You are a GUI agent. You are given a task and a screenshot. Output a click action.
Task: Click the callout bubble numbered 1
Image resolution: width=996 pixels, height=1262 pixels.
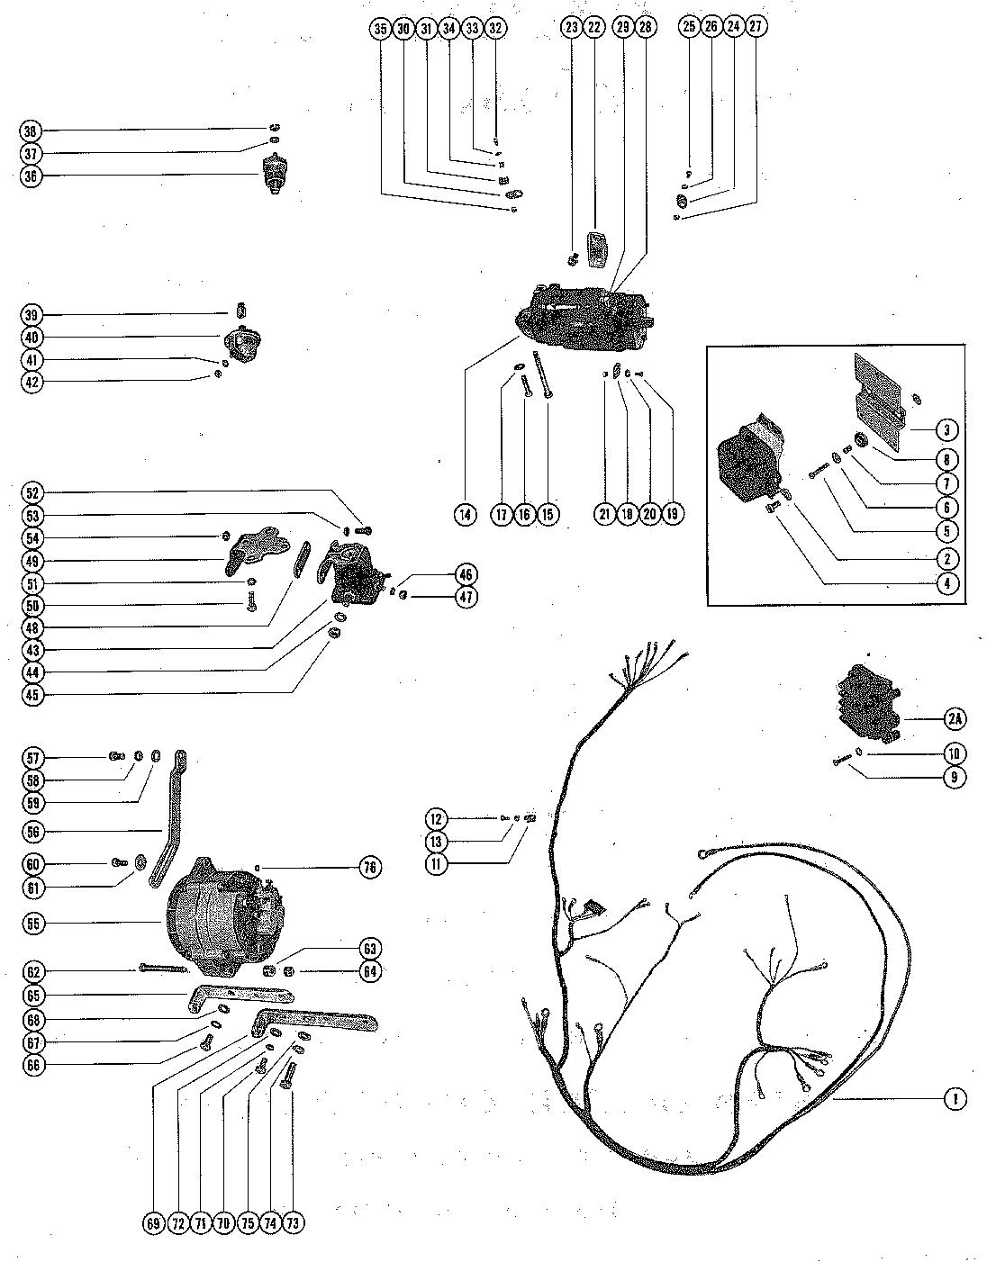click(954, 1098)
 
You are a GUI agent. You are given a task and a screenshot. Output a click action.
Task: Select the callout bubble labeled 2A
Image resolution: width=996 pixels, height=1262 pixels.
click(954, 718)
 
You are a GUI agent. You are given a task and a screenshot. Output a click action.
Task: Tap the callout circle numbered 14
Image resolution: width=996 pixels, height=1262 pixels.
click(465, 515)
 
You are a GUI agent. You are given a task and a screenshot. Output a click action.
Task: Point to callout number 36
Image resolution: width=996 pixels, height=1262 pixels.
click(31, 176)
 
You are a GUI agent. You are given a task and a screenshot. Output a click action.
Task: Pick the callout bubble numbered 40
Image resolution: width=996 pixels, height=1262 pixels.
click(31, 338)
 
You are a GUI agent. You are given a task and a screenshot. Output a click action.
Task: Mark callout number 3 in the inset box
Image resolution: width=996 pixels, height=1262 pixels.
click(946, 429)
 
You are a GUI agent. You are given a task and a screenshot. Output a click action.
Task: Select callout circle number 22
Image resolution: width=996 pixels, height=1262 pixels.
click(593, 28)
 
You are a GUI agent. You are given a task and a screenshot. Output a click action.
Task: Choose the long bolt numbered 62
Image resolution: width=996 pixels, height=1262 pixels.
click(163, 969)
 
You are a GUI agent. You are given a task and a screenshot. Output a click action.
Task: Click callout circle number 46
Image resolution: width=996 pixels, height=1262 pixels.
click(466, 574)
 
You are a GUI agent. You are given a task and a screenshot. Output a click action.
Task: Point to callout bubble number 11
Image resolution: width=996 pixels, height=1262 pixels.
click(437, 864)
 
